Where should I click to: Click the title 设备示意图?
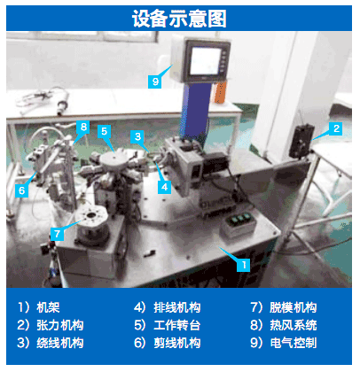(179, 19)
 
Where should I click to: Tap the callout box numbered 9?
(155, 81)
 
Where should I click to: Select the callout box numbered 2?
(336, 128)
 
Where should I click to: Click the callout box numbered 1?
(243, 265)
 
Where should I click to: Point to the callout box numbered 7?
(57, 234)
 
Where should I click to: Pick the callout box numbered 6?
(21, 190)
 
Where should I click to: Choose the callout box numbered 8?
(83, 127)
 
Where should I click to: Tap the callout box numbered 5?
(104, 131)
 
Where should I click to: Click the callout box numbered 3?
(137, 136)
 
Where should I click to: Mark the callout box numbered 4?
(164, 187)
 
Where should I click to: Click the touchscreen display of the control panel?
(205, 61)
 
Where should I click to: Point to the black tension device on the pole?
(301, 141)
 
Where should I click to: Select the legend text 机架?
(48, 307)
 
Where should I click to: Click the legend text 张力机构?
(60, 325)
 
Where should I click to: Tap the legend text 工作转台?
(177, 325)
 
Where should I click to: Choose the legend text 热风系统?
(293, 325)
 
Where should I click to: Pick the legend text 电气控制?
(293, 343)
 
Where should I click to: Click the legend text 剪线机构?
(177, 343)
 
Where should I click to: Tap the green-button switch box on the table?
(239, 226)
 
